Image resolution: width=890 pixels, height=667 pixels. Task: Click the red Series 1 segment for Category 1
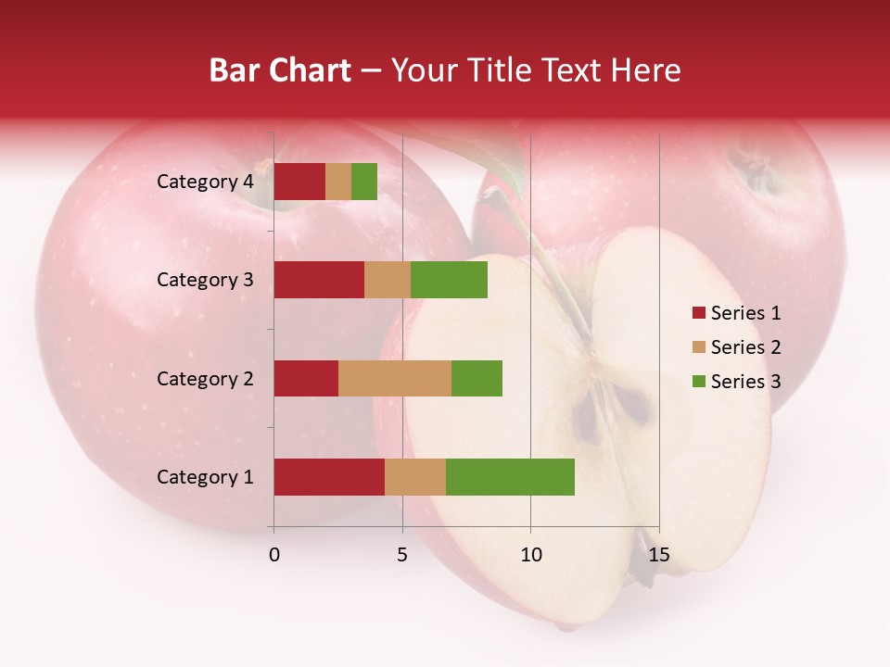pos(329,477)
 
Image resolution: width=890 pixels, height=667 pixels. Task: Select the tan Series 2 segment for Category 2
pos(395,378)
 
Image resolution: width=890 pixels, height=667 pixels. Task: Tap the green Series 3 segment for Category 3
pos(449,280)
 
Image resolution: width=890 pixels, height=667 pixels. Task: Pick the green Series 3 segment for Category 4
pos(364,182)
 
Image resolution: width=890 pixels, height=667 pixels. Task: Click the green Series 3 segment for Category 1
pos(510,477)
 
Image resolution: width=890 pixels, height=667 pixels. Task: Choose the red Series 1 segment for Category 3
pos(319,280)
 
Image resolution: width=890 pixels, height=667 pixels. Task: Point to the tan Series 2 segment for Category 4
pos(338,182)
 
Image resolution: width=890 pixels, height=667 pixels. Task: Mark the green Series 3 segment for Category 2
pos(477,378)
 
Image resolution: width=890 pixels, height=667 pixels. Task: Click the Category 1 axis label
pos(205,477)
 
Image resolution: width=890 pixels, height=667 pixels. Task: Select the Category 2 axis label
pos(205,378)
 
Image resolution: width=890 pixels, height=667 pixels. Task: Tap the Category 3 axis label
pos(205,280)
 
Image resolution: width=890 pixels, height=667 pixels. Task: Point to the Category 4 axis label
pos(205,182)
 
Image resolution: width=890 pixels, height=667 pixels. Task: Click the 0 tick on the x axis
pos(274,555)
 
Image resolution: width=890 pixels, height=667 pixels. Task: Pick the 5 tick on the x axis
pos(402,555)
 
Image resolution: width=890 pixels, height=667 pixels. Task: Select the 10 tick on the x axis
pos(530,555)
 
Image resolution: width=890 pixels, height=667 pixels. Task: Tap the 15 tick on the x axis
pos(658,555)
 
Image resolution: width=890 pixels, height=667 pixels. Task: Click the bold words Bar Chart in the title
pos(280,69)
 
